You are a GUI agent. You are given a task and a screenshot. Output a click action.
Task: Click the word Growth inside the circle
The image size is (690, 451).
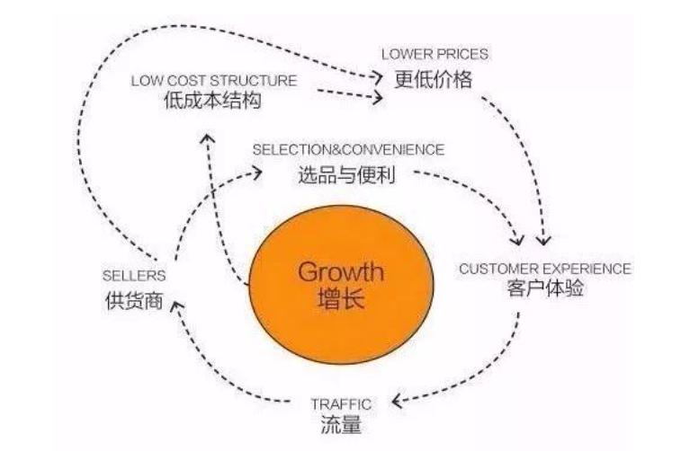[340, 270]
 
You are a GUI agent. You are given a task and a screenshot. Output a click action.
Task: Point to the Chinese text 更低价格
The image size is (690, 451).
[434, 79]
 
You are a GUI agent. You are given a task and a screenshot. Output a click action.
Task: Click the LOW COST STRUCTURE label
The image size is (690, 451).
[213, 80]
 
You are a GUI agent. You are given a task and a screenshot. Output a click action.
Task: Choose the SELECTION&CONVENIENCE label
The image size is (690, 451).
[348, 148]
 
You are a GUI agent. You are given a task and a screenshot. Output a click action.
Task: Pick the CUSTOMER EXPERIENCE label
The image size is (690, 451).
[545, 269]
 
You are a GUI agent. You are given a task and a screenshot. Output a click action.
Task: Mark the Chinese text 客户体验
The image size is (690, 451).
[545, 292]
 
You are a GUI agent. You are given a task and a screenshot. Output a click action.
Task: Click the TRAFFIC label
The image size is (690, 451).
[340, 404]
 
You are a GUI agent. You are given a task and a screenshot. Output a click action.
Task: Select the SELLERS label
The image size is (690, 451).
[133, 277]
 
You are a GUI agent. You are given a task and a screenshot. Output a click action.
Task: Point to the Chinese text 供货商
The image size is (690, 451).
[133, 300]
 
